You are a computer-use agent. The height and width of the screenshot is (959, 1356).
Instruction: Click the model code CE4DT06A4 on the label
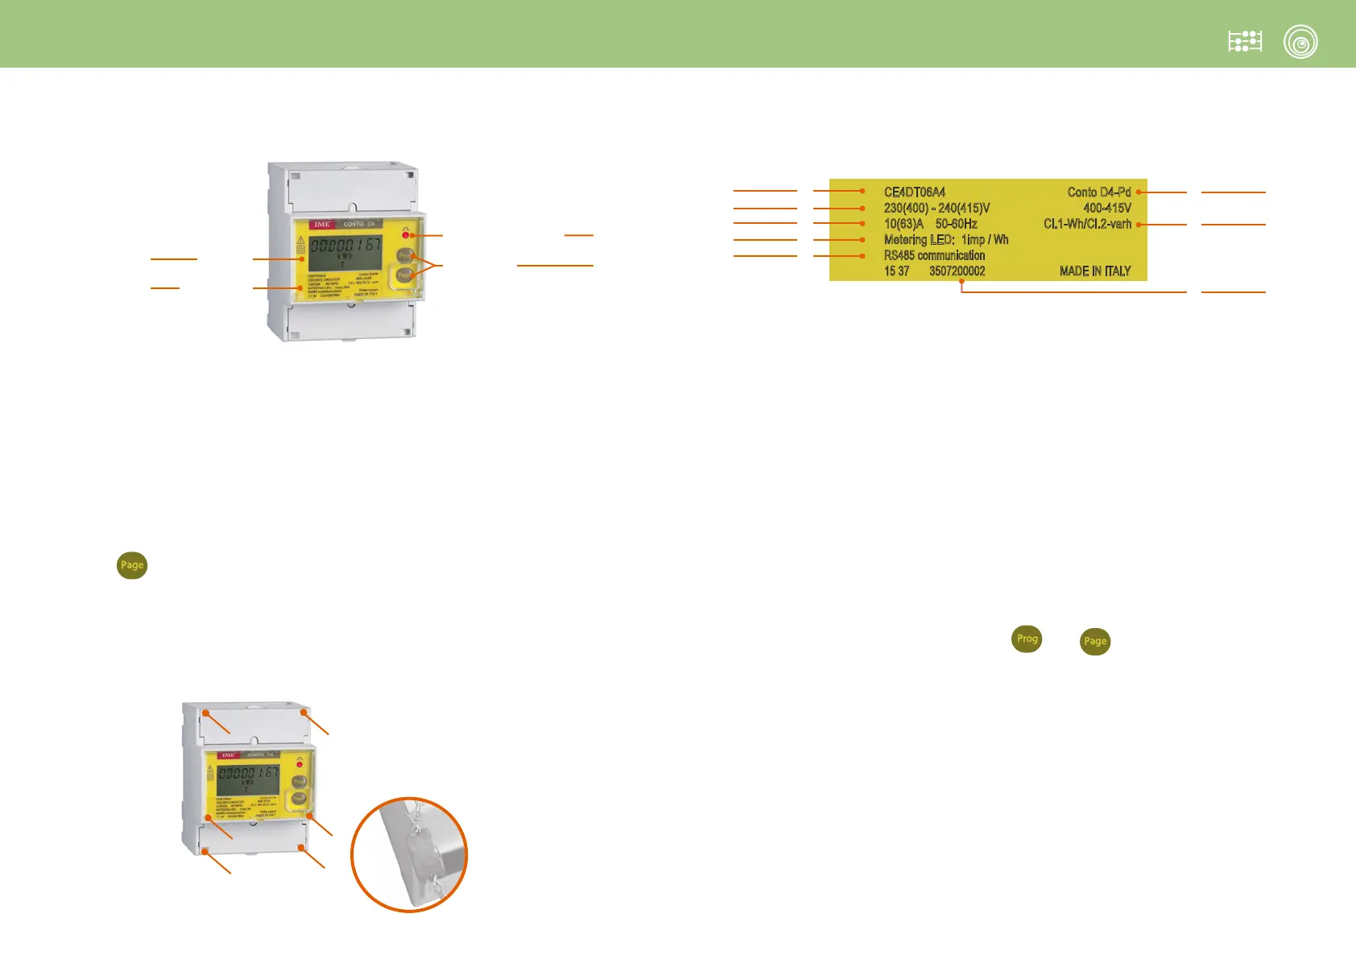click(x=914, y=192)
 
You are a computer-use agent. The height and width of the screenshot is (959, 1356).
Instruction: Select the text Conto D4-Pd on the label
click(x=1098, y=192)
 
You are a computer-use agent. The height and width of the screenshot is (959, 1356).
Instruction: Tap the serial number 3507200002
click(x=957, y=271)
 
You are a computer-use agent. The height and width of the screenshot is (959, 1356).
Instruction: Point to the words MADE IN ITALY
click(x=1094, y=271)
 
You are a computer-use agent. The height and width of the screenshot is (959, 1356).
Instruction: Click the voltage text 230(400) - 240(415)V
click(x=936, y=209)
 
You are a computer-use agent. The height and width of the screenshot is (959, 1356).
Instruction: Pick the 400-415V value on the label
click(x=1106, y=209)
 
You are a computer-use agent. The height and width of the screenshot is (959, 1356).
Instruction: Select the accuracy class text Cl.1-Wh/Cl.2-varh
click(x=1087, y=224)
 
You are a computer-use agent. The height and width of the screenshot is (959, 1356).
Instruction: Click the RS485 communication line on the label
click(x=934, y=255)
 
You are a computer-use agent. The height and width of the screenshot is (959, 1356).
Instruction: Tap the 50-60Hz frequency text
click(x=956, y=224)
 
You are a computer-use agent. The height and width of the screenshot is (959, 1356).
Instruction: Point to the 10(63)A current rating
click(x=903, y=224)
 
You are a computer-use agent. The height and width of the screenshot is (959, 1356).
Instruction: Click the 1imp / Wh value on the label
click(x=984, y=240)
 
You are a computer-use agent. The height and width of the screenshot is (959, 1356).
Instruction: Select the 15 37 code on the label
click(x=896, y=271)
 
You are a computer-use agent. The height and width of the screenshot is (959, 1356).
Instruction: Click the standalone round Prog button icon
click(x=1027, y=639)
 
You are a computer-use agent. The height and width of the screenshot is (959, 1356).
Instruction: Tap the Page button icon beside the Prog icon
click(x=1095, y=642)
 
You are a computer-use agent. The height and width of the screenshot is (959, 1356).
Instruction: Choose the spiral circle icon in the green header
click(x=1300, y=42)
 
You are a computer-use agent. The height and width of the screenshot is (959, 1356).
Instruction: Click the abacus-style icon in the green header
click(x=1245, y=42)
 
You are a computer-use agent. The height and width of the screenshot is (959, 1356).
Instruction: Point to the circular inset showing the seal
click(x=409, y=854)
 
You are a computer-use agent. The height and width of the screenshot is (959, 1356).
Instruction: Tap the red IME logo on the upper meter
click(x=322, y=224)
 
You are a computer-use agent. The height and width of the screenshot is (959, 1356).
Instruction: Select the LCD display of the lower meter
click(x=248, y=777)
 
